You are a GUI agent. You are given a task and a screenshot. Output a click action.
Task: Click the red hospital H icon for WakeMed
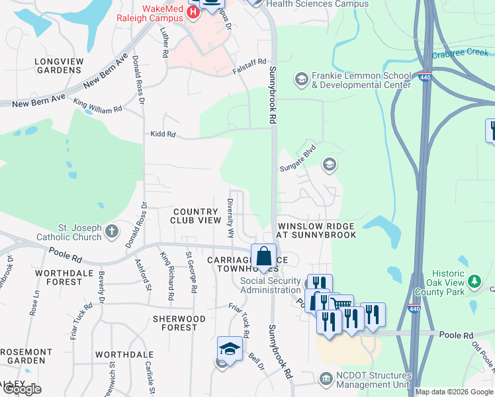point(193,12)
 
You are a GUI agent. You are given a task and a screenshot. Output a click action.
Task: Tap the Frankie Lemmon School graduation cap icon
point(302,79)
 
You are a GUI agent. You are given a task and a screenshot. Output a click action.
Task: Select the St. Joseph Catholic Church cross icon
point(112,232)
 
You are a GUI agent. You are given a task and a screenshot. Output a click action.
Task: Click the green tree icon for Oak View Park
point(474,283)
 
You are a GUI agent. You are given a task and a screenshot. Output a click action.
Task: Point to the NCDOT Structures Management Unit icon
point(326,379)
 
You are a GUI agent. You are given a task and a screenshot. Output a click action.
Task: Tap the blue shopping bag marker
point(263,256)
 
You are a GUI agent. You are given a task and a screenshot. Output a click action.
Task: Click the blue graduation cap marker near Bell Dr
point(229,348)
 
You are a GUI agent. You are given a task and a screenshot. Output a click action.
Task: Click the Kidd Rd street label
point(163,134)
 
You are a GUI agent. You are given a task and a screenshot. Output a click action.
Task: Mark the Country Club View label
point(195,215)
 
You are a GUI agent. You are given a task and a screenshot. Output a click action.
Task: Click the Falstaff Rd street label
point(249,60)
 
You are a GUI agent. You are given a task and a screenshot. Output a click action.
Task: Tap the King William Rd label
point(98,105)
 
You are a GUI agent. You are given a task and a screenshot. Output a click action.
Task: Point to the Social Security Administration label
point(270,286)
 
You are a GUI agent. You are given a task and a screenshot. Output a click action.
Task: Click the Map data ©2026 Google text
point(453,392)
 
